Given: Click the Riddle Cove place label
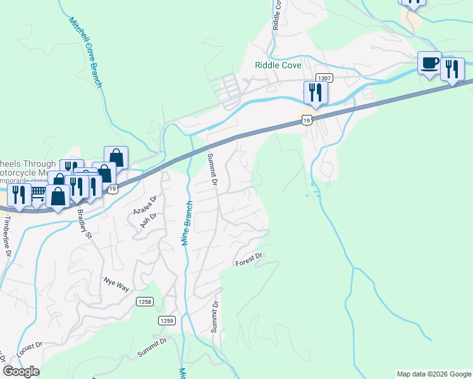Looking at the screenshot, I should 278,65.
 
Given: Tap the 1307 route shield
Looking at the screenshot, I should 324,78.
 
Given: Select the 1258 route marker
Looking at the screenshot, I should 144,302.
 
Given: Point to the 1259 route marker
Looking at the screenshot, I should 166,321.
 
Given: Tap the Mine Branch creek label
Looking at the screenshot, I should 188,225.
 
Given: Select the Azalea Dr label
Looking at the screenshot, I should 144,203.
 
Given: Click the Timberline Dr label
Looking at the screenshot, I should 8,237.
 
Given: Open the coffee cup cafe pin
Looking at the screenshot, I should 430,63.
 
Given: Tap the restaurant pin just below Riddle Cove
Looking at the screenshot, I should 315,92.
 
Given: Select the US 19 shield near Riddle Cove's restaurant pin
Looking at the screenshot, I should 307,119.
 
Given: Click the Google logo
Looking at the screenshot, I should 21,371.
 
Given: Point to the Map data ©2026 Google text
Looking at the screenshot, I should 434,374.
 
